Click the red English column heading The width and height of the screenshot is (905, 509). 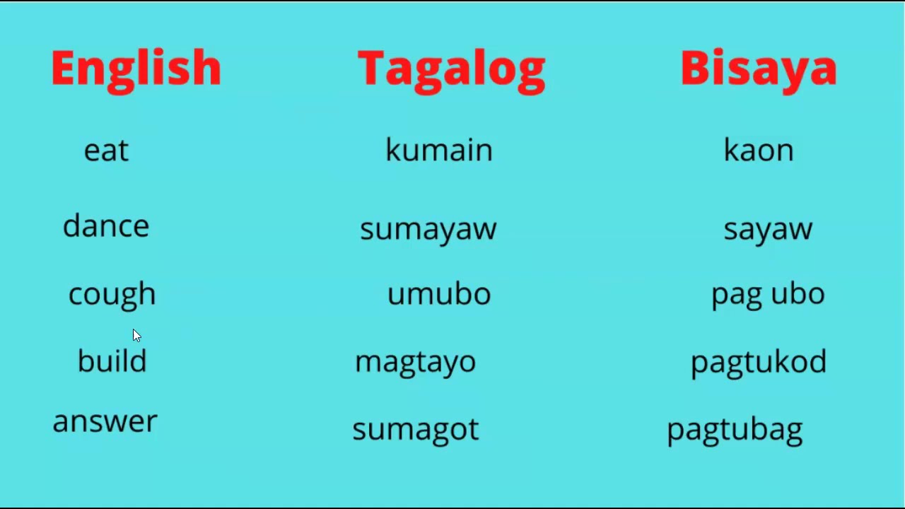136,69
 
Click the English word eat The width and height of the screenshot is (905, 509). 106,151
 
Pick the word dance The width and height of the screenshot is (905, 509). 106,226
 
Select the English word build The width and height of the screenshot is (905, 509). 112,361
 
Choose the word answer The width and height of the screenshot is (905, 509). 105,421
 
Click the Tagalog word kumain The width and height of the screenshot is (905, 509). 438,150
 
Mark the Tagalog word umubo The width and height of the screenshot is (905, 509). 438,293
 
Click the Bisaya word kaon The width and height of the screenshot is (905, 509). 758,151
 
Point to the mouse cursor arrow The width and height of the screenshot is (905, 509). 136,336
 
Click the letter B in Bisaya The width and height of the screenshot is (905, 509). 696,69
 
